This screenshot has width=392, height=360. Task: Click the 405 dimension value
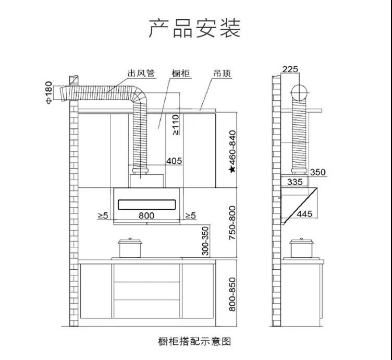click(x=174, y=161)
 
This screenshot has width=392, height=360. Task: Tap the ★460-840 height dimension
click(x=232, y=151)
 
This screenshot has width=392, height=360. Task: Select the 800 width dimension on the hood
click(x=146, y=215)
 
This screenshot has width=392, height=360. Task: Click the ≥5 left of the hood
click(x=102, y=215)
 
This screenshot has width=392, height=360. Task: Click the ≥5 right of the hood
click(x=191, y=215)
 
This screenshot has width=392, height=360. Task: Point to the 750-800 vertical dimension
click(x=232, y=223)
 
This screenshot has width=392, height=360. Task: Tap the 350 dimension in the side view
click(x=317, y=172)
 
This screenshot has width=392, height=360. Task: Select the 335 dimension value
click(x=295, y=182)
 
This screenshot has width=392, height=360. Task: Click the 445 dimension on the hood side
click(x=305, y=214)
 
